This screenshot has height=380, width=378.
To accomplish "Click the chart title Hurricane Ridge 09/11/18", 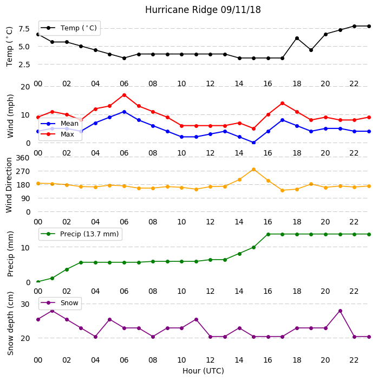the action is pyautogui.click(x=203, y=10).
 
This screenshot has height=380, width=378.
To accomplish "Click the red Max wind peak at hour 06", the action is pyautogui.click(x=124, y=95).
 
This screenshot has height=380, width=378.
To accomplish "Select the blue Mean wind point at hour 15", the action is pyautogui.click(x=253, y=143).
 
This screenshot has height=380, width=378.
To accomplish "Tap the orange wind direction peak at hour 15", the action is pyautogui.click(x=253, y=169).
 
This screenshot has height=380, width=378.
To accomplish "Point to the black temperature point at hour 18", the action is pyautogui.click(x=297, y=38).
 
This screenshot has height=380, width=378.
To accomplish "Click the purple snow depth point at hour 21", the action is pyautogui.click(x=340, y=311).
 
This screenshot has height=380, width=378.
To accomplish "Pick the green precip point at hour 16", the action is pyautogui.click(x=268, y=234).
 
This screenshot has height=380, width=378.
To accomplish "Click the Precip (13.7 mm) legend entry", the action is pyautogui.click(x=80, y=234).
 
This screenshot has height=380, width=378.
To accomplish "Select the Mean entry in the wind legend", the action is pyautogui.click(x=60, y=124).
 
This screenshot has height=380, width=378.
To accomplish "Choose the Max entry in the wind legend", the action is pyautogui.click(x=57, y=134).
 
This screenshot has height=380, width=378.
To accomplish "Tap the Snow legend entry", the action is pyautogui.click(x=60, y=303).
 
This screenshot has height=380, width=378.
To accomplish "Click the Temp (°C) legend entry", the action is pyautogui.click(x=69, y=28).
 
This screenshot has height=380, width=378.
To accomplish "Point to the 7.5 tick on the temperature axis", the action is pyautogui.click(x=24, y=29).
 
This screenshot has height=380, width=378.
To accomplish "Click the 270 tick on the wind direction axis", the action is pyautogui.click(x=23, y=172).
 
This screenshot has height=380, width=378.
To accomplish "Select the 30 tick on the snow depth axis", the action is pyautogui.click(x=25, y=304).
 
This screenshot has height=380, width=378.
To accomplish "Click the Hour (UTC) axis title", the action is pyautogui.click(x=203, y=371).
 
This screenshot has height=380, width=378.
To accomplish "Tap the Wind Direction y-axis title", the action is pyautogui.click(x=9, y=185).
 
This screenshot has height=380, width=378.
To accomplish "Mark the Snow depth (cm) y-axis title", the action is pyautogui.click(x=10, y=324).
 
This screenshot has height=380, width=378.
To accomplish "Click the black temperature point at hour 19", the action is pyautogui.click(x=311, y=50).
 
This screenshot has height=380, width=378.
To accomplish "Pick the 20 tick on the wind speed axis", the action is pyautogui.click(x=25, y=87).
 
